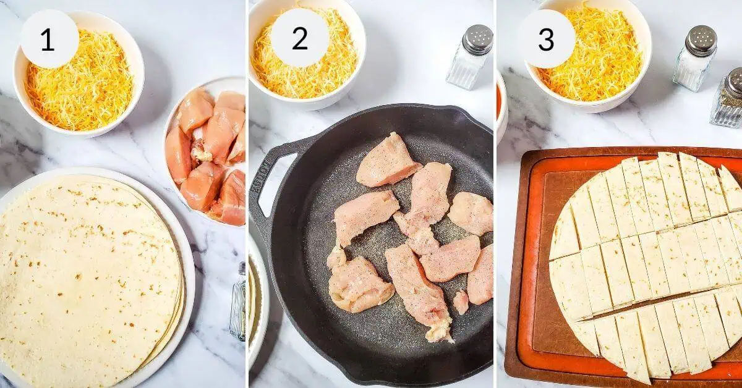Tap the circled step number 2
tap(299, 40)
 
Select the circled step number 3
tap(546, 40)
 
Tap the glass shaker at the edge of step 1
tap(239, 303)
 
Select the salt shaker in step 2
tap(469, 59)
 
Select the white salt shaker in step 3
tap(694, 59)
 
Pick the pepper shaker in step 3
tap(728, 102)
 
